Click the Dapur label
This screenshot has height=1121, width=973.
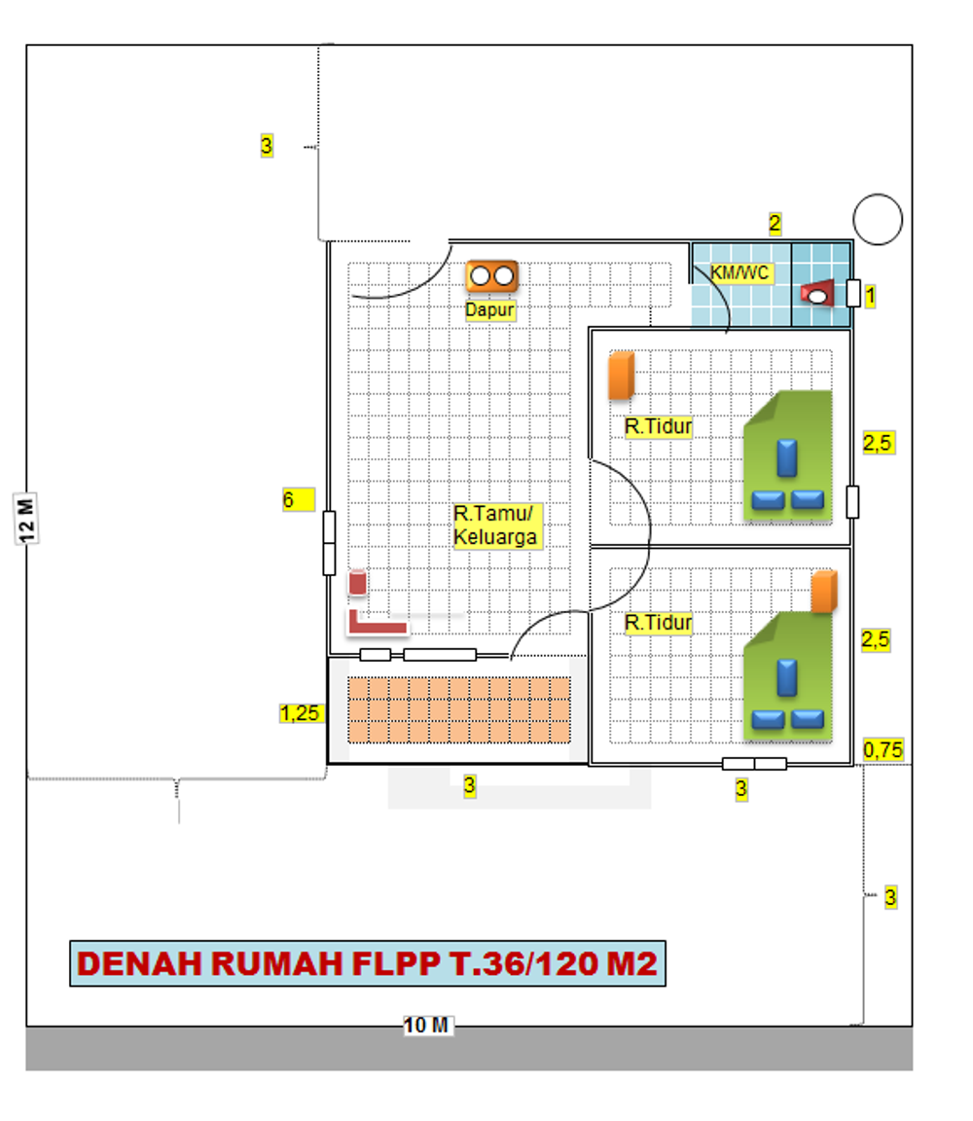coord(489,309)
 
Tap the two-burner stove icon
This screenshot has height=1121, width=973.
coord(491,276)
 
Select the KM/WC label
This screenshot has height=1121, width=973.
coord(740,273)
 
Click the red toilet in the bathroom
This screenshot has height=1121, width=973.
coord(818,293)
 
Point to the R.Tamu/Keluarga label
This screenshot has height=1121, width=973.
coord(495,524)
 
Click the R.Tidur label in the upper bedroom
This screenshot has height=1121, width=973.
coord(658,426)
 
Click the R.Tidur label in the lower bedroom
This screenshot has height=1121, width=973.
coord(658,623)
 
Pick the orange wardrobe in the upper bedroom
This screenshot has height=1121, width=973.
coord(621,377)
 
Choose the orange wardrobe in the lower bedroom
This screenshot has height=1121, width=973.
coord(824,592)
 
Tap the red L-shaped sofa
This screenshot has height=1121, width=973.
coord(375,620)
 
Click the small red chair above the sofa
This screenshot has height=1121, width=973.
coord(358,583)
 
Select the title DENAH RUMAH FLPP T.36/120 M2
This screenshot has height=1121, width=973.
coord(368,963)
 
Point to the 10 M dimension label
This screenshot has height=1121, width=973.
coord(427,1025)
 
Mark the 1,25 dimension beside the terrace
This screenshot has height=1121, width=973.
coord(300,713)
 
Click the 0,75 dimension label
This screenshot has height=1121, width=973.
coord(883,749)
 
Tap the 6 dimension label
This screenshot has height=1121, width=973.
coord(289,500)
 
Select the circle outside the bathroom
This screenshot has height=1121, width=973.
coord(878,220)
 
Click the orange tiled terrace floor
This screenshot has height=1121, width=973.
coord(459,709)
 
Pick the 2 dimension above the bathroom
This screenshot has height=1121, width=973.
coord(775,224)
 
